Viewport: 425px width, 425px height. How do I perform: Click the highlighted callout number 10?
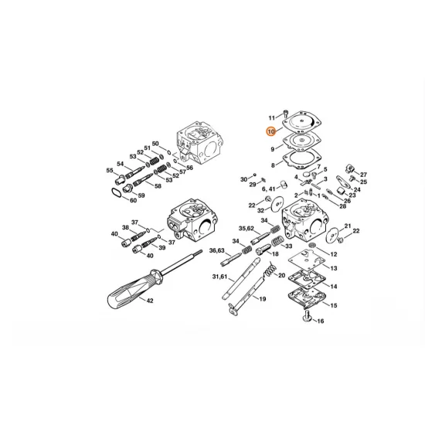pos(270,132)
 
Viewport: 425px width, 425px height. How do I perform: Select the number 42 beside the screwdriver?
pos(149,301)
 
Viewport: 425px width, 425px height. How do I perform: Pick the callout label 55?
pos(109,170)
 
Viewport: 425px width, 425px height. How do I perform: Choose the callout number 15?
pos(334,305)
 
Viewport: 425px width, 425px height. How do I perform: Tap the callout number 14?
pos(334,286)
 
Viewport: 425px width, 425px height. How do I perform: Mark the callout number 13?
pos(334,267)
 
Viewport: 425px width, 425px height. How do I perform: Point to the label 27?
pos(363,175)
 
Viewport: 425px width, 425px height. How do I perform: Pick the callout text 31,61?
pos(220,277)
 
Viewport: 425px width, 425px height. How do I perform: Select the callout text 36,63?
pos(216,250)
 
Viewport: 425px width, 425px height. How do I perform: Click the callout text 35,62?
pos(246,229)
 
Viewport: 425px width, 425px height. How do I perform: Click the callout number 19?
pos(262,298)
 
